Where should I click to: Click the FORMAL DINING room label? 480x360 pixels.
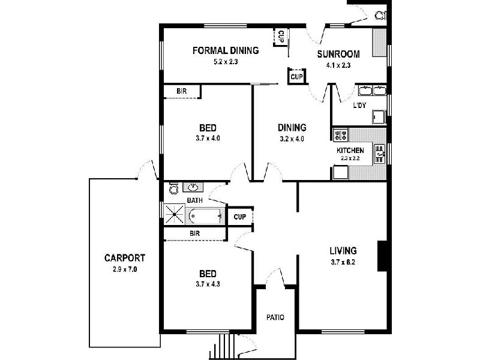[226, 50]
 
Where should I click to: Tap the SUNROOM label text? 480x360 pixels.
[338, 53]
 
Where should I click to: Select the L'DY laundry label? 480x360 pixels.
[359, 106]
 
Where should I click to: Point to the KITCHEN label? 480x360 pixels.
[350, 150]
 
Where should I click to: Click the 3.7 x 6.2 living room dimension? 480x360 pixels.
[343, 262]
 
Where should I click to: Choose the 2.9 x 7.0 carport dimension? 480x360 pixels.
[124, 269]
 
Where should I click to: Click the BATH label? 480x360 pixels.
[194, 200]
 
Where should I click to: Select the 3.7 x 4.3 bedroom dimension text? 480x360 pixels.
[208, 284]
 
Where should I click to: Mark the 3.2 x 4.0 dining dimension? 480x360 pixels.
[292, 139]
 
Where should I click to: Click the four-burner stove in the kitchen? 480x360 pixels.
[341, 135]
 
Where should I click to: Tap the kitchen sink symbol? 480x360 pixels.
[380, 154]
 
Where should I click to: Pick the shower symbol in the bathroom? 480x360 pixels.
[176, 214]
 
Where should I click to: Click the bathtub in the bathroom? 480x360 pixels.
[206, 215]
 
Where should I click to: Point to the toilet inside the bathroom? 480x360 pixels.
[174, 189]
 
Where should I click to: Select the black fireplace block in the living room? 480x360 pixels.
[381, 256]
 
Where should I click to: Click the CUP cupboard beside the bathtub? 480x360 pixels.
[239, 217]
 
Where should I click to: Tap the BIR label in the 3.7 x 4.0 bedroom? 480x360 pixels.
[182, 91]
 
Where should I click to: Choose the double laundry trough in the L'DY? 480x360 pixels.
[372, 91]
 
